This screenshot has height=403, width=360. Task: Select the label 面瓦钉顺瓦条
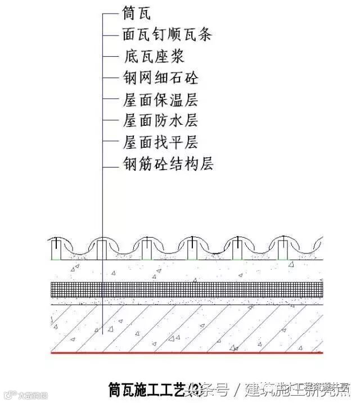(166, 34)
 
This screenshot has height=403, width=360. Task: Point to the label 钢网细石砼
(160, 77)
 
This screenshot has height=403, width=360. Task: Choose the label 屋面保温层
(160, 99)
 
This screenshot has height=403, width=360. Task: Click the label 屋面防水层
(160, 120)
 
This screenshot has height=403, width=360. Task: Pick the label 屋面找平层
(160, 142)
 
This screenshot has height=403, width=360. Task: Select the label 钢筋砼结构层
(168, 164)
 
